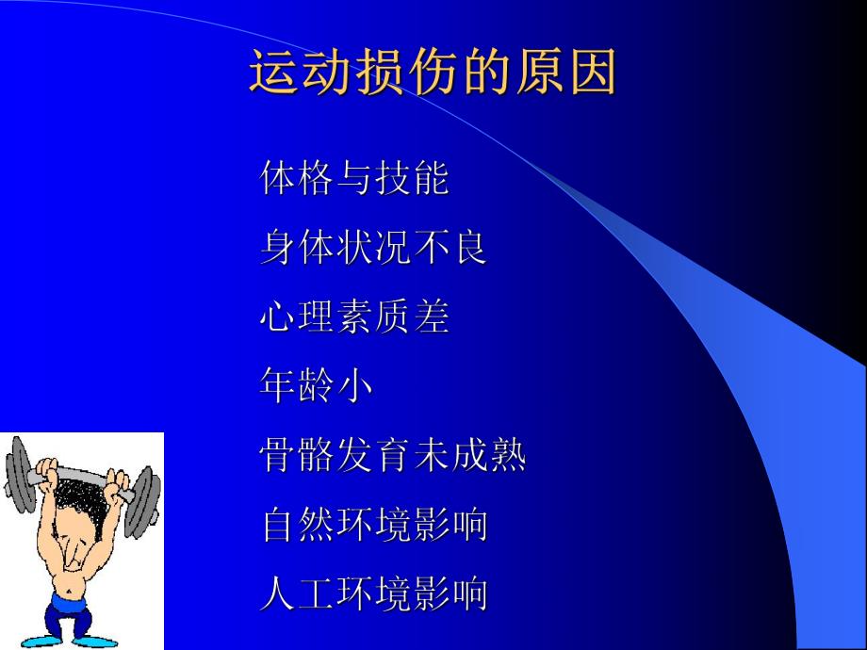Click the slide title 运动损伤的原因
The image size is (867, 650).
pyautogui.click(x=433, y=73)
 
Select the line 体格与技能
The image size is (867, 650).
pyautogui.click(x=354, y=179)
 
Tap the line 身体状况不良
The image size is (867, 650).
pyautogui.click(x=373, y=248)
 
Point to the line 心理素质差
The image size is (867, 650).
pyautogui.click(x=354, y=317)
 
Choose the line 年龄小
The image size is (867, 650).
pyautogui.click(x=316, y=386)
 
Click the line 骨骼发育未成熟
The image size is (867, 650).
pyautogui.click(x=392, y=456)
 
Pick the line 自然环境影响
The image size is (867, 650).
pyautogui.click(x=373, y=525)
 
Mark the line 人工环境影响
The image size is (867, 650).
pyautogui.click(x=373, y=594)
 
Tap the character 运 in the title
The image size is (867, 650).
pyautogui.click(x=273, y=73)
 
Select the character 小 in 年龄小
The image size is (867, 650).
pyautogui.click(x=354, y=386)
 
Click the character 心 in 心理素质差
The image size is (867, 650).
pyautogui.click(x=278, y=317)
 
